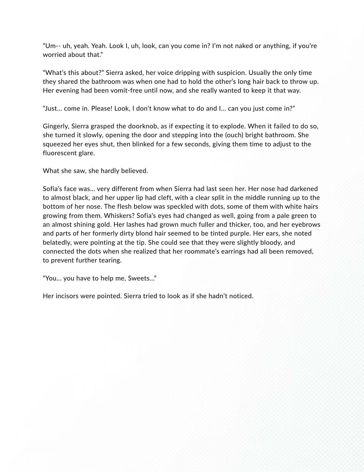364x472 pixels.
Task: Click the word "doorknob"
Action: pos(134,126)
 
